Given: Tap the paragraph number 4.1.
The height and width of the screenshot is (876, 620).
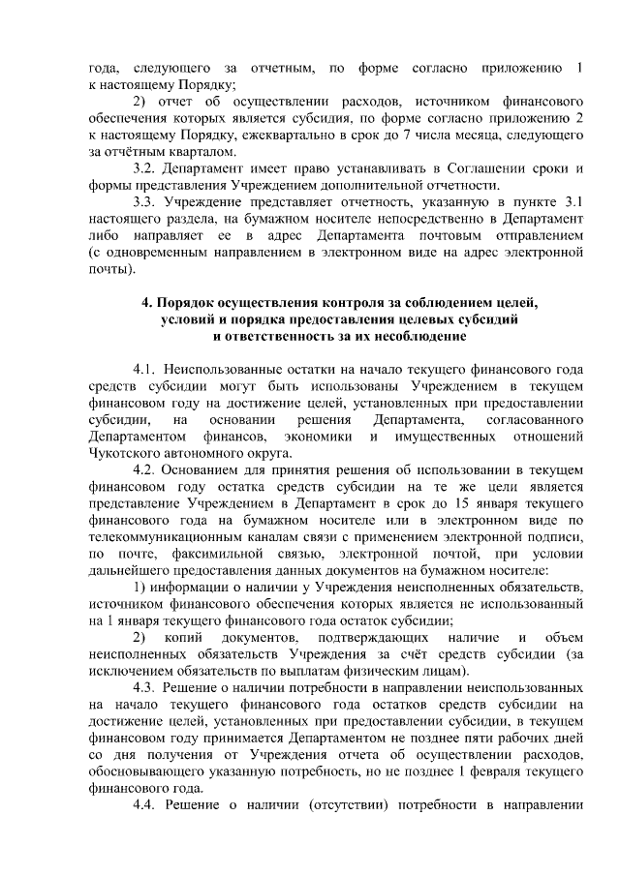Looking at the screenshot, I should [x=144, y=370].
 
